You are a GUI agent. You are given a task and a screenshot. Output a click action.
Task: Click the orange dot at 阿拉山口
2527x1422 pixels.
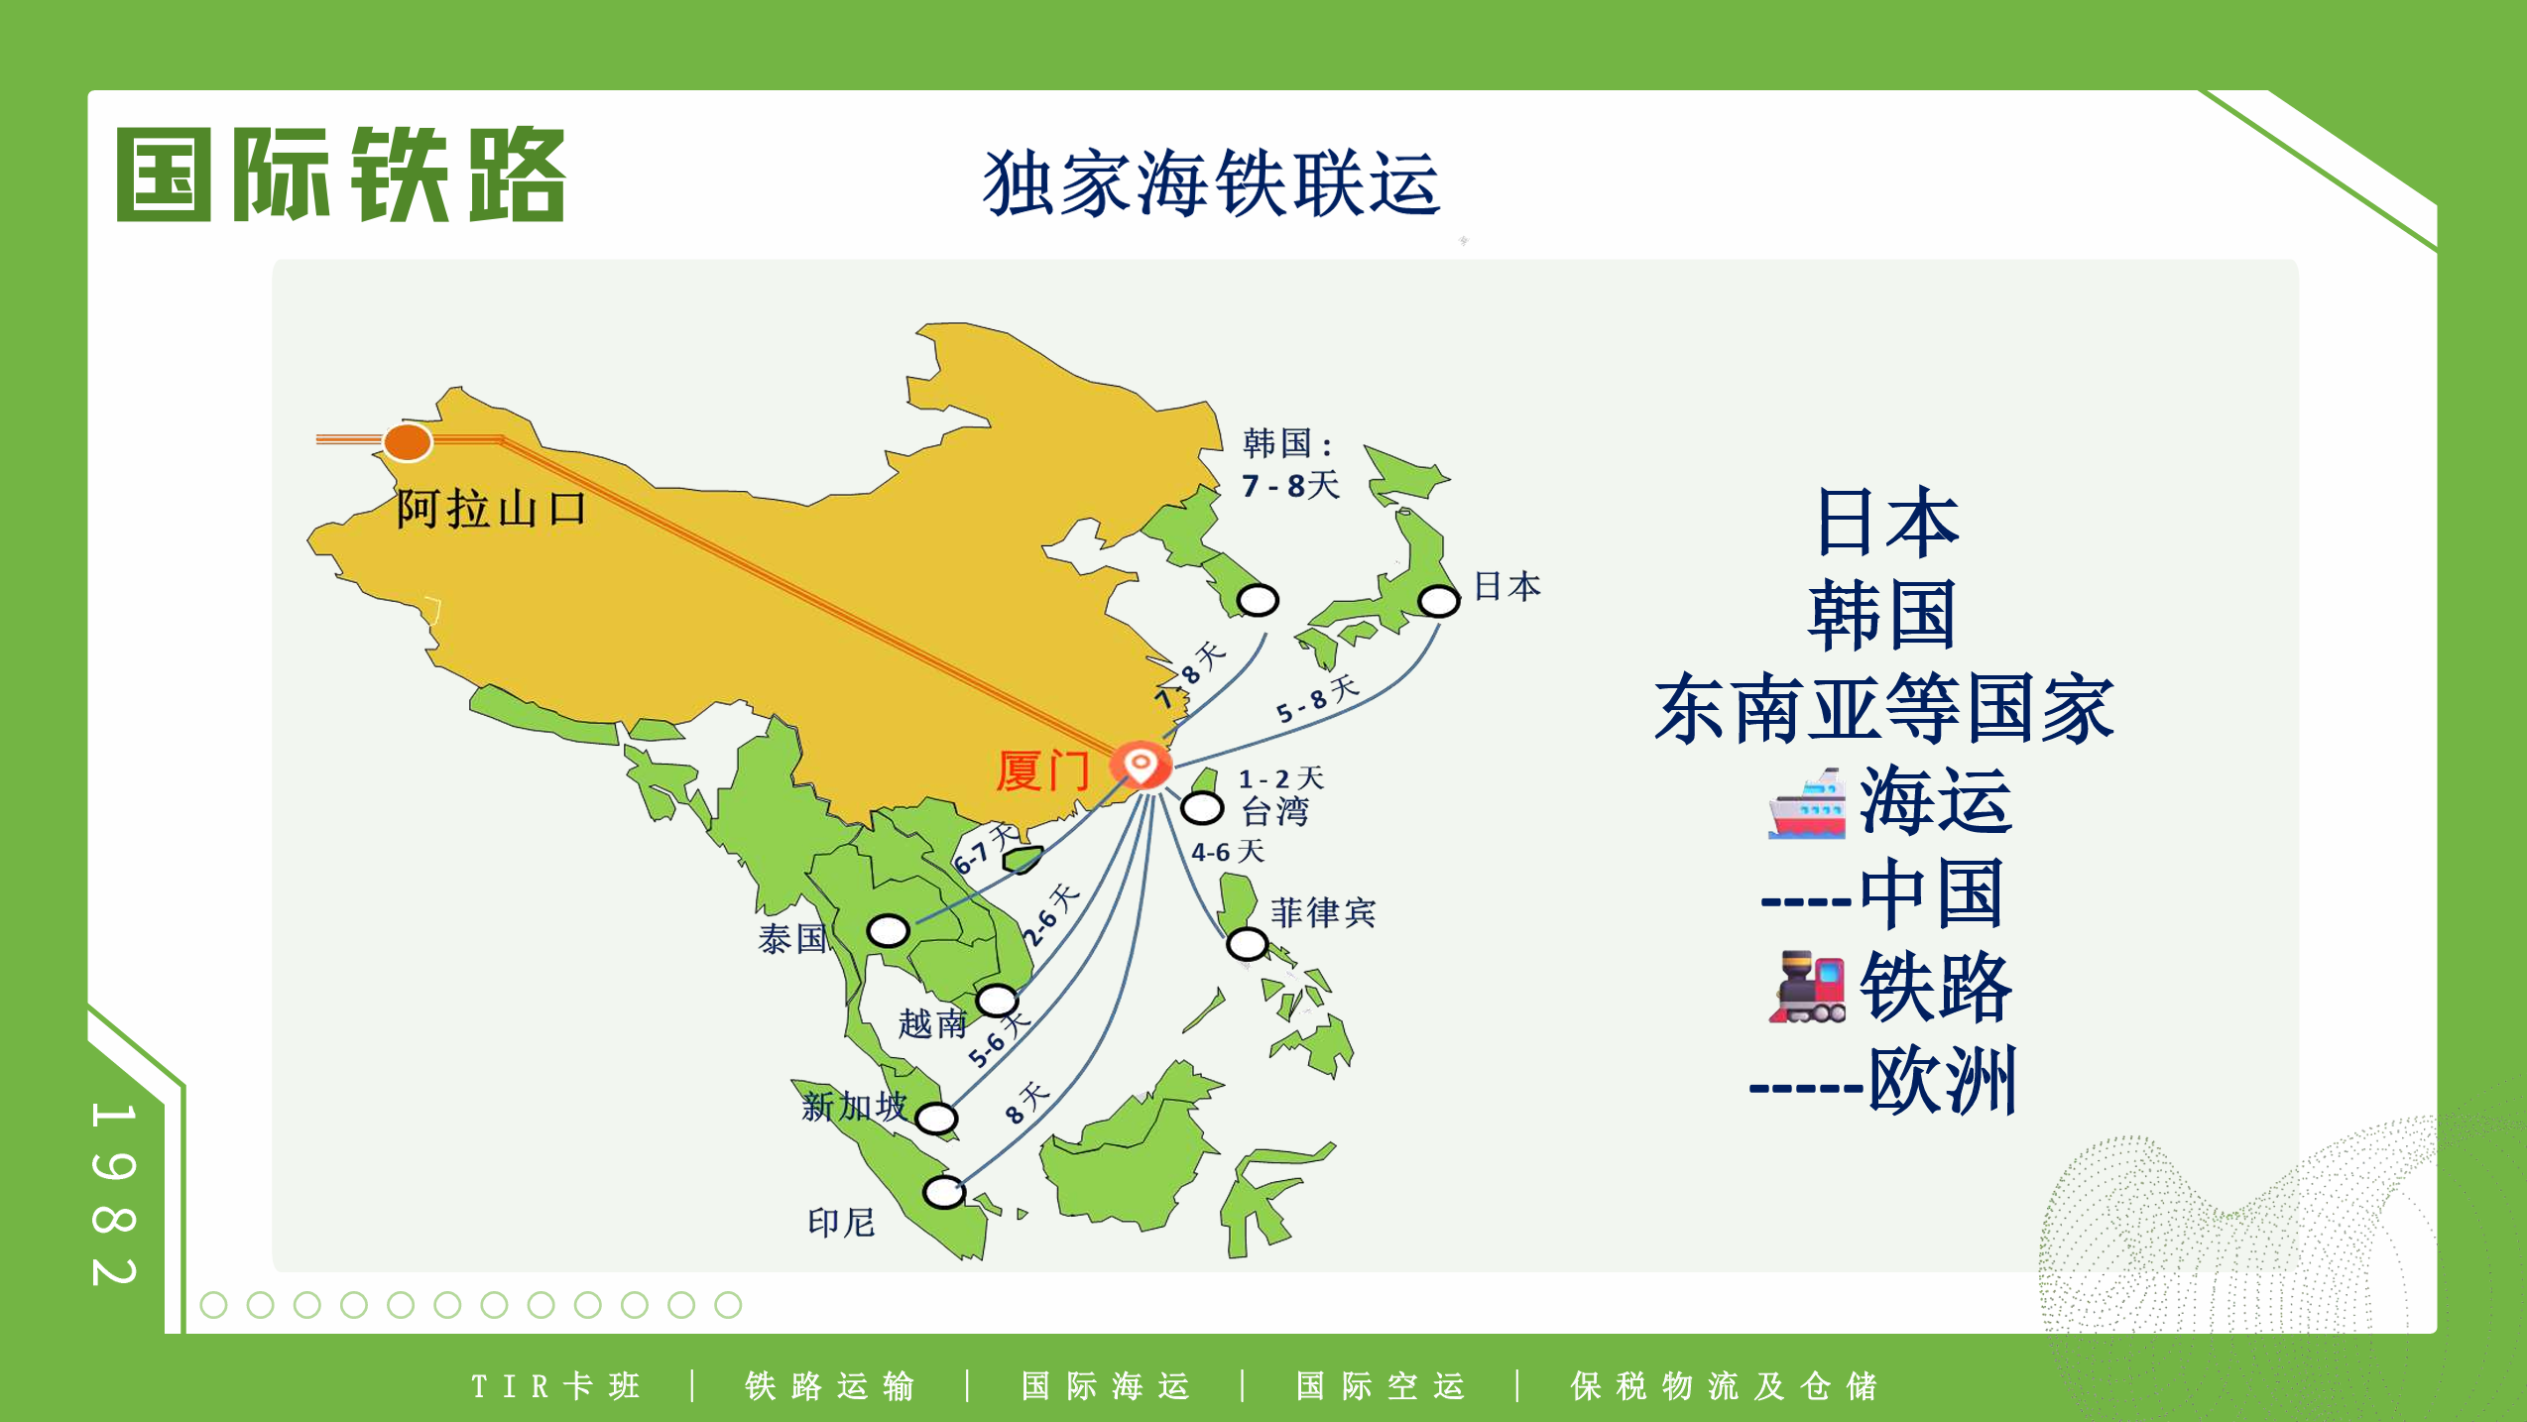pos(408,441)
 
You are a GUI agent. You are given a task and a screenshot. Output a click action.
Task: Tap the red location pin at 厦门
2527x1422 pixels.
pos(1141,766)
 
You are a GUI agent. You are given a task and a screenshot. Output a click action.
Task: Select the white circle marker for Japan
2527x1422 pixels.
pos(1438,600)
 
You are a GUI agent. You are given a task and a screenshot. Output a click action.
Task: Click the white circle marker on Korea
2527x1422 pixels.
pos(1258,599)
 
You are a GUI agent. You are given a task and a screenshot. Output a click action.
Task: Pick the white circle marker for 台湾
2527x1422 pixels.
pos(1202,808)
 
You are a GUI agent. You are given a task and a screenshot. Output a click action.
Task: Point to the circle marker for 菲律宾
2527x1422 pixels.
pos(1247,944)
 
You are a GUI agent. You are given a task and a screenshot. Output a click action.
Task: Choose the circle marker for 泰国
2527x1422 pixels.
pos(888,930)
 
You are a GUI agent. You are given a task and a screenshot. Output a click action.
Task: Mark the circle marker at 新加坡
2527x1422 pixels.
pos(936,1118)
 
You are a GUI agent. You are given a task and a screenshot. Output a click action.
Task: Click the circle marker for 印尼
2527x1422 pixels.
pos(944,1192)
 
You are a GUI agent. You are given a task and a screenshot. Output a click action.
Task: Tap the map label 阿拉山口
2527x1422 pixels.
pos(491,509)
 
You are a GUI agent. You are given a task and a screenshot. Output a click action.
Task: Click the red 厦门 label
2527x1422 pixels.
pos(1043,770)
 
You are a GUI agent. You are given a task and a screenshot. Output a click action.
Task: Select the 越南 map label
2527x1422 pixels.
pos(932,1023)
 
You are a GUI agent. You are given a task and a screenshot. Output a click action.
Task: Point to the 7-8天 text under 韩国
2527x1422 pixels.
pos(1290,485)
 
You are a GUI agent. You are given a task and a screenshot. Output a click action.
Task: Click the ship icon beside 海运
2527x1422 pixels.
pos(1806,803)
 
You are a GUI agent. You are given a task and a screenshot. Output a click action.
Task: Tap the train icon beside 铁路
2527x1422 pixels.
pos(1807,987)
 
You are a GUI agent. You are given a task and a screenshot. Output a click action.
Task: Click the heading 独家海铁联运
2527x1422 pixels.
pos(1211,183)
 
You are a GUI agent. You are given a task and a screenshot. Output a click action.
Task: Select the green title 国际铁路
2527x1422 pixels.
pos(341,175)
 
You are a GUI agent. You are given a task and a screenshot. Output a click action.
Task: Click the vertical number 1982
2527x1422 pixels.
pos(113,1194)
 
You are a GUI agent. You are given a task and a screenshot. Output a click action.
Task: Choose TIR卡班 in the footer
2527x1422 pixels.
pos(556,1385)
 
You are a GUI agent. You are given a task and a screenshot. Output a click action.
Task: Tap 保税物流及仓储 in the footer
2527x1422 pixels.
pos(1724,1385)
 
